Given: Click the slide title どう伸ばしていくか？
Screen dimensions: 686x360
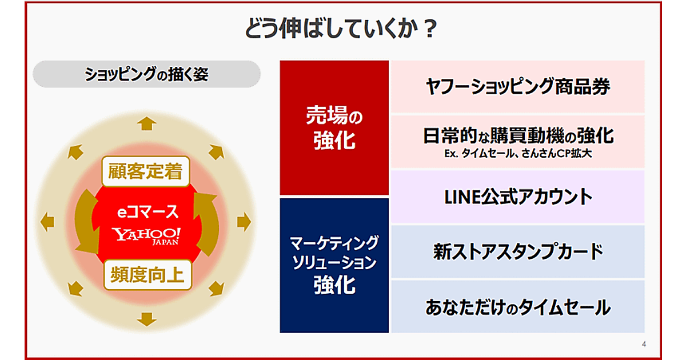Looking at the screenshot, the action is click(x=341, y=29).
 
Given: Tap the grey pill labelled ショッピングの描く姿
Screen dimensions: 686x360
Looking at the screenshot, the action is click(x=147, y=74).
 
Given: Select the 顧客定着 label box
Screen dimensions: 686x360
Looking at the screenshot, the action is click(x=146, y=171).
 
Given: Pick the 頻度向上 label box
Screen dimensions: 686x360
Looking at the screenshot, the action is click(x=147, y=275).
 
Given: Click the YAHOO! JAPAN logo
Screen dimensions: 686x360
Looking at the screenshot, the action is click(x=146, y=236).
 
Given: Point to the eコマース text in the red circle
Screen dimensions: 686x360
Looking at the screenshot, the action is click(x=147, y=212).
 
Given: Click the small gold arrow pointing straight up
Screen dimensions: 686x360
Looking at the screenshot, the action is click(x=147, y=123).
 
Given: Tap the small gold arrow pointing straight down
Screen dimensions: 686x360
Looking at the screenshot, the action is click(x=147, y=319).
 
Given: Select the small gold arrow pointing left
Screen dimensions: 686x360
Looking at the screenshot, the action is click(x=47, y=222).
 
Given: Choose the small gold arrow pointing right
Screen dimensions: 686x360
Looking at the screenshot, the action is click(x=244, y=222).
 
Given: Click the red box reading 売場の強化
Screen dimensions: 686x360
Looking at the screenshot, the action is click(x=334, y=127).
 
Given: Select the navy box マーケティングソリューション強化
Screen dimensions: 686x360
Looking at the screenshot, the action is click(x=334, y=265).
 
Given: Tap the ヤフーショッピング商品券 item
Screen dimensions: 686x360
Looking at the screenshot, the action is click(x=518, y=87).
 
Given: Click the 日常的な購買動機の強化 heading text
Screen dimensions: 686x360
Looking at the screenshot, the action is click(x=518, y=135).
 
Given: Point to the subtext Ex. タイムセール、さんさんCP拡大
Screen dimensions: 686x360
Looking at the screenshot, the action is click(x=518, y=153).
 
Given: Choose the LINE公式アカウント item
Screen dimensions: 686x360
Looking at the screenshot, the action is click(x=518, y=197).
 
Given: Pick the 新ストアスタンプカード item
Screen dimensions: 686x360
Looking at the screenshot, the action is click(x=518, y=251).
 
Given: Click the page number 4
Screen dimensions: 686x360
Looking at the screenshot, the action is click(x=644, y=345).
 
